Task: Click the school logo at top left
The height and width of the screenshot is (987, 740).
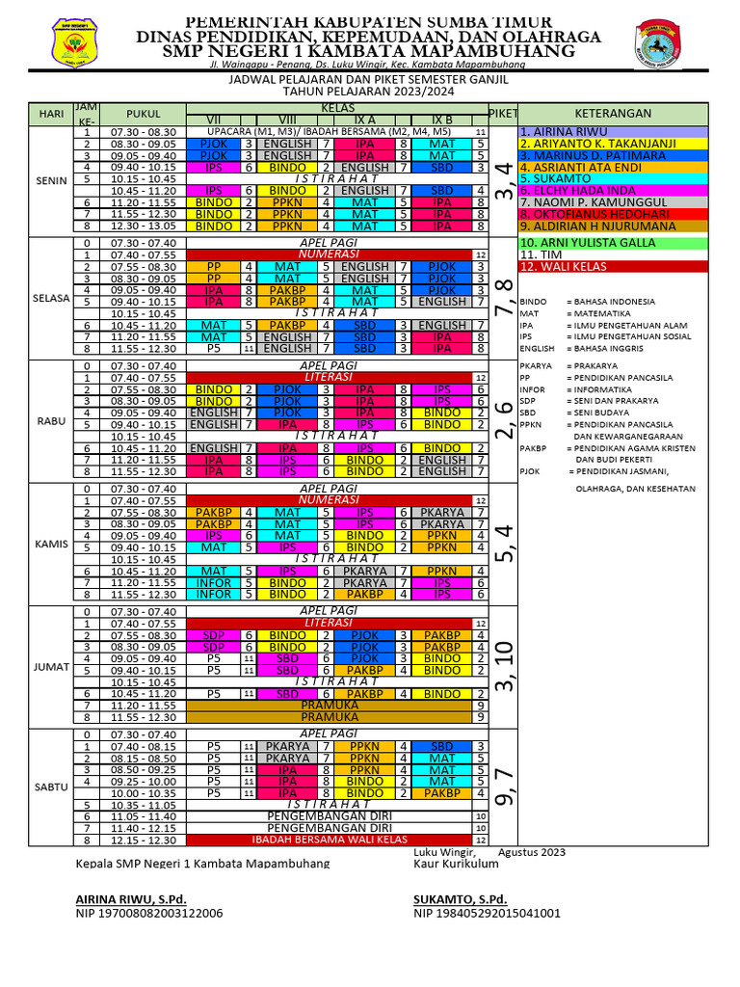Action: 72,41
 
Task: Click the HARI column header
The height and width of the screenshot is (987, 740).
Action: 51,114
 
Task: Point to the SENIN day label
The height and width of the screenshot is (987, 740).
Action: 51,179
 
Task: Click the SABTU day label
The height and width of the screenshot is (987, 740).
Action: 51,787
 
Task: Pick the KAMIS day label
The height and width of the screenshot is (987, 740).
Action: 51,544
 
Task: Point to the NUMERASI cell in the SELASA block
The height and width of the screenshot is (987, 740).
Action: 329,253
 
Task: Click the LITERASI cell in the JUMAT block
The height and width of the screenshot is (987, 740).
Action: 329,623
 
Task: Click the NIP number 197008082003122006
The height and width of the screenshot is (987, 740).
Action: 149,913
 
